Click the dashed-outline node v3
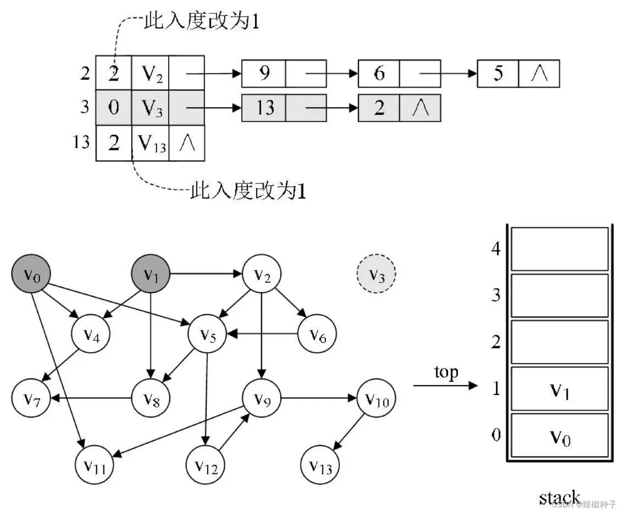click(376, 274)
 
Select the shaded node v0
click(31, 274)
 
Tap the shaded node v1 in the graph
click(150, 274)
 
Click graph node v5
click(208, 334)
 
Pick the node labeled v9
click(262, 398)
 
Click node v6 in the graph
click(317, 334)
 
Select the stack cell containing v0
click(559, 436)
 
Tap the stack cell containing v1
click(559, 389)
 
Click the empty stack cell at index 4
click(559, 249)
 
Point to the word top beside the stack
click(446, 372)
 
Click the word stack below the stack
click(559, 497)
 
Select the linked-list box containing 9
click(264, 74)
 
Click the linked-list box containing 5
click(498, 74)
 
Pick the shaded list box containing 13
click(264, 108)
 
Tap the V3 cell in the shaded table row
click(151, 108)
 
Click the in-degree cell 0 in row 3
click(114, 108)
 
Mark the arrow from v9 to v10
click(318, 398)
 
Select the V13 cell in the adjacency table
click(151, 143)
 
